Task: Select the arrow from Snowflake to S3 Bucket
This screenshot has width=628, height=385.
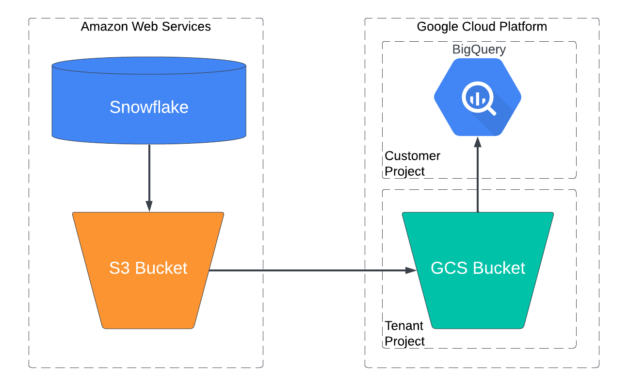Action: (149, 175)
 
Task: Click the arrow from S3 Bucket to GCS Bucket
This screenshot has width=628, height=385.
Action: (310, 270)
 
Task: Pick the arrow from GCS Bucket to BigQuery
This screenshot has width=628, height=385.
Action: (478, 180)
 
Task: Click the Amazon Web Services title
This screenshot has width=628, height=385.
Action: (146, 26)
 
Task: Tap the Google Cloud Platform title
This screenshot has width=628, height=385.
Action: (482, 26)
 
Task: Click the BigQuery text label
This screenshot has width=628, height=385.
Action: (479, 49)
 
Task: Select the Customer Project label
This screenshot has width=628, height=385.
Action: (412, 164)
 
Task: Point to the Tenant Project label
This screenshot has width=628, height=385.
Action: (404, 333)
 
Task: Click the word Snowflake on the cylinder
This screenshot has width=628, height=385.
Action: (149, 107)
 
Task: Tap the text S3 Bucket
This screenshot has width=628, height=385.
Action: (148, 268)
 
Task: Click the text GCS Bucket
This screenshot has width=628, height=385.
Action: (478, 268)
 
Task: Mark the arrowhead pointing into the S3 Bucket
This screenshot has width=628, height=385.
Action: (149, 206)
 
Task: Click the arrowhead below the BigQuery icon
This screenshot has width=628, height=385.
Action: (478, 142)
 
